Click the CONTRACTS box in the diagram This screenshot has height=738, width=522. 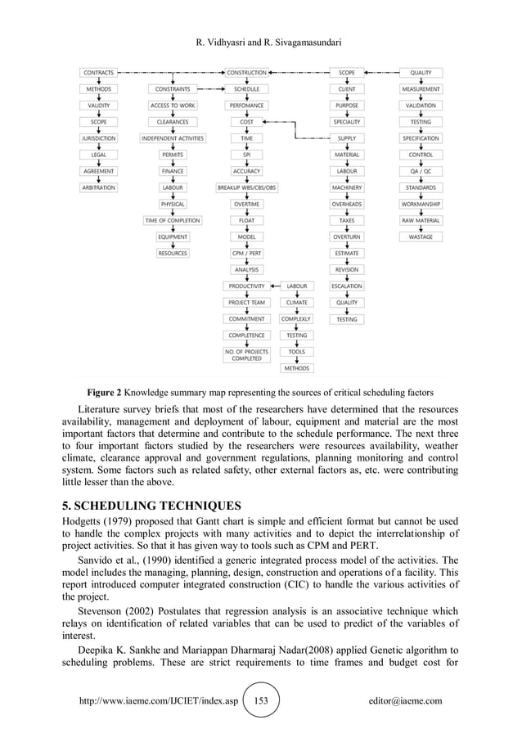[x=99, y=73]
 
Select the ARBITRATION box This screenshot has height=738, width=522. [x=99, y=187]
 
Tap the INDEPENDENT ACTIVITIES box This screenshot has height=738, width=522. [x=173, y=138]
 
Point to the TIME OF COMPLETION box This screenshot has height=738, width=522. [x=173, y=220]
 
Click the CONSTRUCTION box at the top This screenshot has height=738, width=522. [x=246, y=73]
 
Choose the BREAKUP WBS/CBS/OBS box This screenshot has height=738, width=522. [x=246, y=187]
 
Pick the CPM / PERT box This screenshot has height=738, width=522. [x=246, y=253]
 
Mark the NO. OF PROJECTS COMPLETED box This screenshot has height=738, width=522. [x=246, y=354]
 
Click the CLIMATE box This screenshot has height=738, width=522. [x=297, y=302]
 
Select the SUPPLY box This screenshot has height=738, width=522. [x=347, y=138]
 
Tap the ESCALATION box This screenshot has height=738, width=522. [x=347, y=286]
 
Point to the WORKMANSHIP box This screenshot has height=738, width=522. [x=421, y=204]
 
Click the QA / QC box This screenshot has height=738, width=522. [x=421, y=171]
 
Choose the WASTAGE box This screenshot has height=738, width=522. [x=421, y=236]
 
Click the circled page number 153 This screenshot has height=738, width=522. [x=261, y=701]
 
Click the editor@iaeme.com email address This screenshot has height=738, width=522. [x=405, y=701]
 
